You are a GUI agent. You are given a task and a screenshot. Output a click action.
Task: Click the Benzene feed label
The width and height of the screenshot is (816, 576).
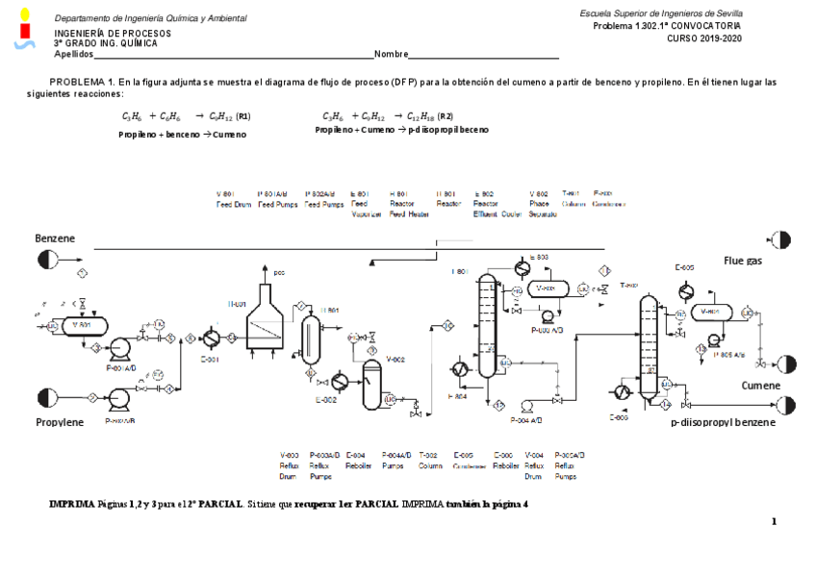[55, 238]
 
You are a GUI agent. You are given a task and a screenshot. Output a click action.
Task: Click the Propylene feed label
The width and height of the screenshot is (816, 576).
[60, 422]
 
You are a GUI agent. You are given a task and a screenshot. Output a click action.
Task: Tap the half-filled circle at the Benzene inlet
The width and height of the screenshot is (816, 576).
[46, 259]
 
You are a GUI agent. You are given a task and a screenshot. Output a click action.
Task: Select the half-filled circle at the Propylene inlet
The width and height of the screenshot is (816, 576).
[46, 396]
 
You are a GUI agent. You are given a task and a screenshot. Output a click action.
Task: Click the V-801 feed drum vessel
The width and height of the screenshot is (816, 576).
[81, 325]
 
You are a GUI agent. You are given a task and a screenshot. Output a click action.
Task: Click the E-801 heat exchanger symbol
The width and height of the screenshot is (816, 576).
[212, 338]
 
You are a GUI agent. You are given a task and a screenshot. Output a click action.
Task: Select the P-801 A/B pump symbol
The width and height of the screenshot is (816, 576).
[120, 348]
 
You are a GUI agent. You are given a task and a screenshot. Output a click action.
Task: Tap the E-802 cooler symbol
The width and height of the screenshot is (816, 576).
[339, 380]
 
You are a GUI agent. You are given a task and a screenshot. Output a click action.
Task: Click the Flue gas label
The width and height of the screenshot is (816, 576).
[742, 260]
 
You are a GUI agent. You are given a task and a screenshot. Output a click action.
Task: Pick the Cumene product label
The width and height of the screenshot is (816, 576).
[760, 385]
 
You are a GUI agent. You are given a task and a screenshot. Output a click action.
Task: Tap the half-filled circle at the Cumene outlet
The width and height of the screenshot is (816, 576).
[787, 363]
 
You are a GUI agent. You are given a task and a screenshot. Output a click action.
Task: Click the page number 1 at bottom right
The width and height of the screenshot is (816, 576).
[773, 521]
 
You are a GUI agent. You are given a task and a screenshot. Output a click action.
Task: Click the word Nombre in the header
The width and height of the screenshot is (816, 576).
[392, 54]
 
